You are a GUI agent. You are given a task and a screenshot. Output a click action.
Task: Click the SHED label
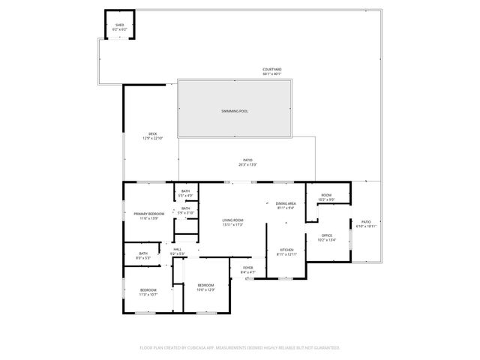119,25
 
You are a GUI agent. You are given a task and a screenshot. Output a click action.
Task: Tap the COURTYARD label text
272,69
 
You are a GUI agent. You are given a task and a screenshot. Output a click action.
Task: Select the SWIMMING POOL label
234,111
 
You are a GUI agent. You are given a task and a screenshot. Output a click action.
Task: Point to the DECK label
153,133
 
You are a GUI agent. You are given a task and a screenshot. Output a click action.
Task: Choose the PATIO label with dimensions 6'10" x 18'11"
366,223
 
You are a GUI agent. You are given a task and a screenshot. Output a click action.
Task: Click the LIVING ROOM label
233,220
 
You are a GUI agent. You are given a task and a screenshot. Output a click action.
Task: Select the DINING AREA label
286,204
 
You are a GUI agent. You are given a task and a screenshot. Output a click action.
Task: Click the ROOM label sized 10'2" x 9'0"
326,196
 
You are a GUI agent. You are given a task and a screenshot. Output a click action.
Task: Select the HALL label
178,250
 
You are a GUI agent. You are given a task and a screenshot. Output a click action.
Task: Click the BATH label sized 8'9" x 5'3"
142,254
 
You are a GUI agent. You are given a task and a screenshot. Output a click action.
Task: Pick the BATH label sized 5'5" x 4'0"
185,191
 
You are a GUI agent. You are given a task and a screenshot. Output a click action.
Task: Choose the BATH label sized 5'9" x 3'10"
185,208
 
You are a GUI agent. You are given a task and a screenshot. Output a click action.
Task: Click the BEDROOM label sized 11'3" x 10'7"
148,289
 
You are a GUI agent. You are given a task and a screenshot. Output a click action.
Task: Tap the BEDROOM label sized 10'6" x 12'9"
205,285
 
